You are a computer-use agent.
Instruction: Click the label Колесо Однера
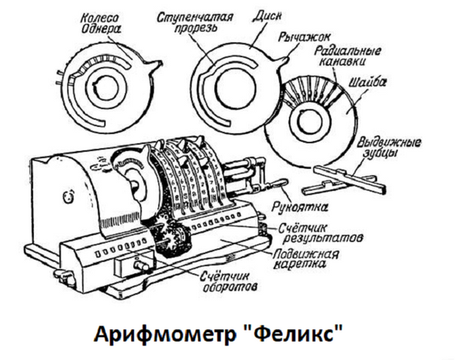(100, 23)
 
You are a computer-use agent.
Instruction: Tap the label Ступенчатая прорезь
(195, 22)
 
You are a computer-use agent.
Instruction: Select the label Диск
(267, 15)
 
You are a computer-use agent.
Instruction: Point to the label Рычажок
(305, 38)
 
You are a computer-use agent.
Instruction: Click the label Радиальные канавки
(347, 56)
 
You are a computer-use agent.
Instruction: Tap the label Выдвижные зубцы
(389, 147)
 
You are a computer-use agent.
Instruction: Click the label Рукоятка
(300, 207)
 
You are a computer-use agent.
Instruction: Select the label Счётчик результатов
(321, 233)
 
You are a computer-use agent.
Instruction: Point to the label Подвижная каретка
(305, 259)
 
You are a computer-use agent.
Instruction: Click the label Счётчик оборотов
(229, 281)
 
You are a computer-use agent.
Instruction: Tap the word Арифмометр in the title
(164, 334)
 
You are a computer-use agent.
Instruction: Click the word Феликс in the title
(295, 334)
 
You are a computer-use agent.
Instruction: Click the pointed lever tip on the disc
(288, 59)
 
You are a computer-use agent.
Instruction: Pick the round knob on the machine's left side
(68, 198)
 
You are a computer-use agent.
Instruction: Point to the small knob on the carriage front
(140, 265)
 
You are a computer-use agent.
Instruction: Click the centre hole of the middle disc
(235, 87)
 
